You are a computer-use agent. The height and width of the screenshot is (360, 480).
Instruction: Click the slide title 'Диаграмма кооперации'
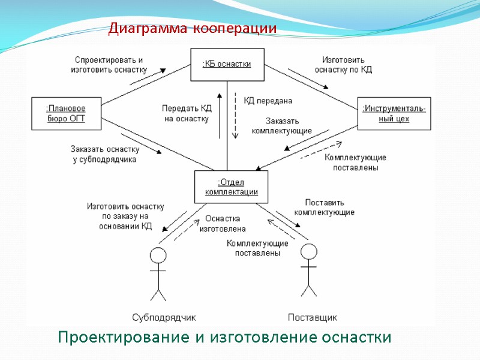coord(192,29)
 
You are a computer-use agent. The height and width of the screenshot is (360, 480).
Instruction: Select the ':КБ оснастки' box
coord(227,64)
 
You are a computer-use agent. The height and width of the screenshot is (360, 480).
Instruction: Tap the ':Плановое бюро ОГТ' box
coord(66,113)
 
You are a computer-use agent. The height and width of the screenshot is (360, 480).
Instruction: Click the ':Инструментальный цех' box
coord(394,113)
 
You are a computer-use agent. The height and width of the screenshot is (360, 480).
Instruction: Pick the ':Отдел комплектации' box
coord(231,187)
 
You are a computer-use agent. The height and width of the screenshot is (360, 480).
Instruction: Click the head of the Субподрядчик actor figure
coord(158,255)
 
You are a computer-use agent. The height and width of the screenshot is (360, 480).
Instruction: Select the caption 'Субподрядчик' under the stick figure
coord(163,317)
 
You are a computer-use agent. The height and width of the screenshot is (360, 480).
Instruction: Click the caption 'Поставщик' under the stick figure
coord(313,317)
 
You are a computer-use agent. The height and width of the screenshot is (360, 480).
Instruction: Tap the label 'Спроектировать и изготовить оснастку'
coord(109,65)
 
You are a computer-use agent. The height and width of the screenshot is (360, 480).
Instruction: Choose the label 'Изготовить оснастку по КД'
coord(343,65)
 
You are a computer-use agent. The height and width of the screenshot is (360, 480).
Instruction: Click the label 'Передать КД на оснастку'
coord(187,113)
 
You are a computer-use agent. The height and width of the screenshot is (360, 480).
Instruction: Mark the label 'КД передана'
coord(268,100)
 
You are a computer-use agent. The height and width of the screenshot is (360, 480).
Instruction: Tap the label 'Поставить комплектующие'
coord(324,207)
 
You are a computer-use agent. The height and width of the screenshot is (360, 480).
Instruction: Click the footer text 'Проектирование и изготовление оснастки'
coord(224,337)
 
